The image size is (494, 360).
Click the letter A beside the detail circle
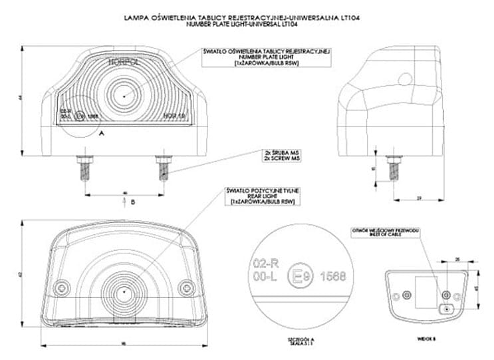click(x=101, y=134)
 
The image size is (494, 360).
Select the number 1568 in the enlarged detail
click(x=330, y=275)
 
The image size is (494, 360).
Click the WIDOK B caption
click(x=426, y=339)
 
